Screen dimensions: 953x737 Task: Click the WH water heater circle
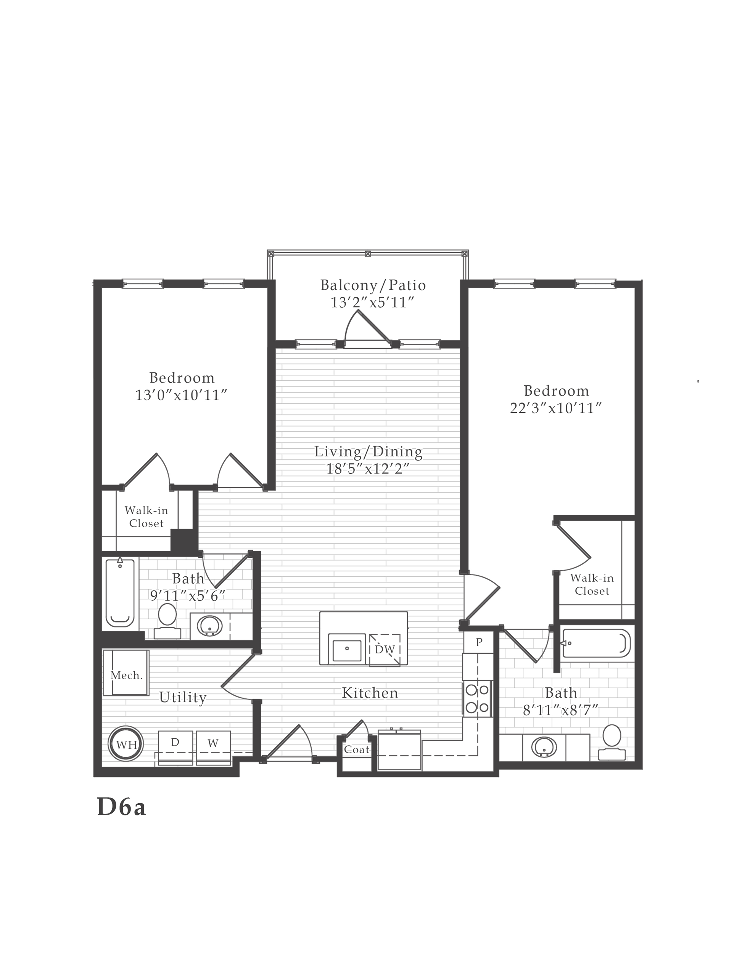click(127, 745)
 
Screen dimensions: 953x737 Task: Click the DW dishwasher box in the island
click(385, 650)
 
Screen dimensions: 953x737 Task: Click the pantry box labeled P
click(478, 642)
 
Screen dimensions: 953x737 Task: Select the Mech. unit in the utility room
click(127, 675)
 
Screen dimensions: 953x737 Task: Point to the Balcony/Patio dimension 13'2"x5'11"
click(372, 302)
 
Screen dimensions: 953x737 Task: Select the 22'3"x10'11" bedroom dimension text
click(556, 408)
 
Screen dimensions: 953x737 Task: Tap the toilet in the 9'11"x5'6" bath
click(167, 620)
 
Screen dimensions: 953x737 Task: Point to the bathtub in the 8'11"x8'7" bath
click(595, 643)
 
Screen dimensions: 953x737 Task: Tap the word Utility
click(182, 697)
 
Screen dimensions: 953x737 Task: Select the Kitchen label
click(370, 693)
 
